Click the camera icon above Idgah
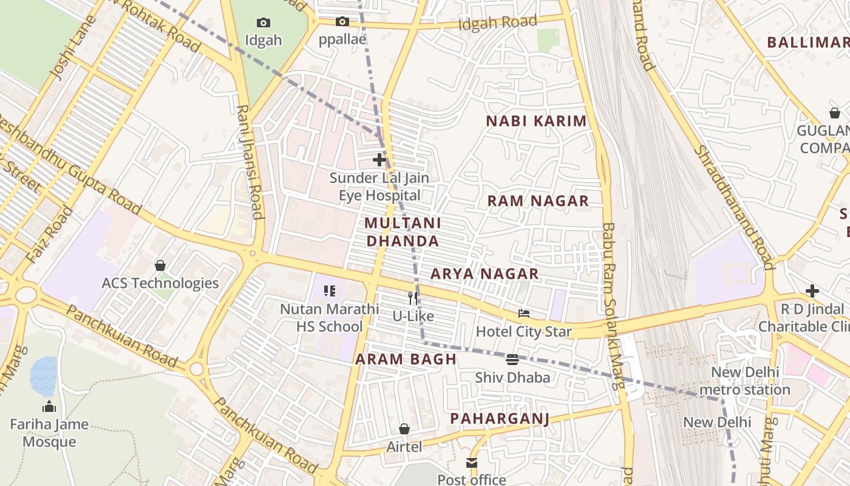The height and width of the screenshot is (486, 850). [263, 22]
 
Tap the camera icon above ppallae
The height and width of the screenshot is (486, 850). [342, 21]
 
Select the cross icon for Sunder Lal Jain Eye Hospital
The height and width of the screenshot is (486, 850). [379, 160]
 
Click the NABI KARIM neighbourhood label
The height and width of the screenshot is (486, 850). [536, 121]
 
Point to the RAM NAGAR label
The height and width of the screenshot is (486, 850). [538, 201]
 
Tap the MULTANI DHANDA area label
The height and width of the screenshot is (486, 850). [403, 232]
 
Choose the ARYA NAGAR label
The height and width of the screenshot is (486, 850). [484, 274]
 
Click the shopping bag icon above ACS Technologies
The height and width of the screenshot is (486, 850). [160, 265]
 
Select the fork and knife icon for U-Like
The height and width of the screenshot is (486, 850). [413, 298]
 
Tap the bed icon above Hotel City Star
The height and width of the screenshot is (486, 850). [523, 313]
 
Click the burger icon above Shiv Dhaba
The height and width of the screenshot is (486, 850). [512, 359]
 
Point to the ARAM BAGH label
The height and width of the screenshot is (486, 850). [406, 359]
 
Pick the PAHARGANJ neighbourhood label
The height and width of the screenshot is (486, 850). [500, 419]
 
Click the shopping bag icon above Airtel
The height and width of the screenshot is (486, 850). [404, 429]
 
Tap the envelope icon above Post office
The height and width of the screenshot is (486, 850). [472, 462]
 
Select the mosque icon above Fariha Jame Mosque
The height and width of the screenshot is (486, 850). [49, 406]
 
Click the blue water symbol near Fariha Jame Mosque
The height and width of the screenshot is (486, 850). [43, 375]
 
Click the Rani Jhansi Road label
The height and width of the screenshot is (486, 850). [250, 162]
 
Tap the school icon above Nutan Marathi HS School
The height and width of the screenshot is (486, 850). [329, 291]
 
